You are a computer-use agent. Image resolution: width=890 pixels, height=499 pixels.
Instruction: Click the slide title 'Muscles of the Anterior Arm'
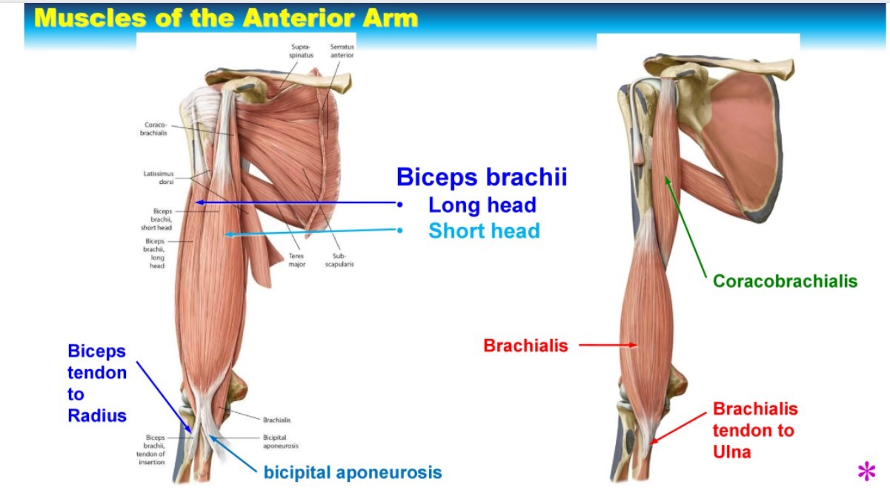point(226,18)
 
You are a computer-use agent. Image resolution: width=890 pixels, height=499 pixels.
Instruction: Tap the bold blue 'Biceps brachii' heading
point(482,177)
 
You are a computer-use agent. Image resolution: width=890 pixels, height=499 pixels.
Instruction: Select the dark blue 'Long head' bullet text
point(482,205)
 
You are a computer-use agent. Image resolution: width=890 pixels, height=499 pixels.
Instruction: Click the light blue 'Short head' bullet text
point(484,231)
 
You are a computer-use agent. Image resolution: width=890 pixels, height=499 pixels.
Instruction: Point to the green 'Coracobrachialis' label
point(785,281)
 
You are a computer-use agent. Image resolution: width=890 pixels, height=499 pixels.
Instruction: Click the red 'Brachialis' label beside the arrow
point(525,346)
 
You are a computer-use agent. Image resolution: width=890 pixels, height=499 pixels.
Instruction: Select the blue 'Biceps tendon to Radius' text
point(97,383)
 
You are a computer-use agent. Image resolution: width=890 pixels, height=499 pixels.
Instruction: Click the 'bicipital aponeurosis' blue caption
point(353,472)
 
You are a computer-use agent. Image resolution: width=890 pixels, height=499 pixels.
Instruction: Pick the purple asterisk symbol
point(866,472)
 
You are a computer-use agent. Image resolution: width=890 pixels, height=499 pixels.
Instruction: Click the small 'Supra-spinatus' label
point(302,51)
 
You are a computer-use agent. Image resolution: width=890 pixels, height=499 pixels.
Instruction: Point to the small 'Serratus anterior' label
point(342,51)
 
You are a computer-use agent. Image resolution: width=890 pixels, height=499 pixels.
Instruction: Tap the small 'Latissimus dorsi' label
point(159,177)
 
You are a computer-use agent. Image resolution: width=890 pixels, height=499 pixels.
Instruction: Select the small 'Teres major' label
point(296,260)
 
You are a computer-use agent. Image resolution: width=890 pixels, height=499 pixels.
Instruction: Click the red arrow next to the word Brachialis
point(608,345)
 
